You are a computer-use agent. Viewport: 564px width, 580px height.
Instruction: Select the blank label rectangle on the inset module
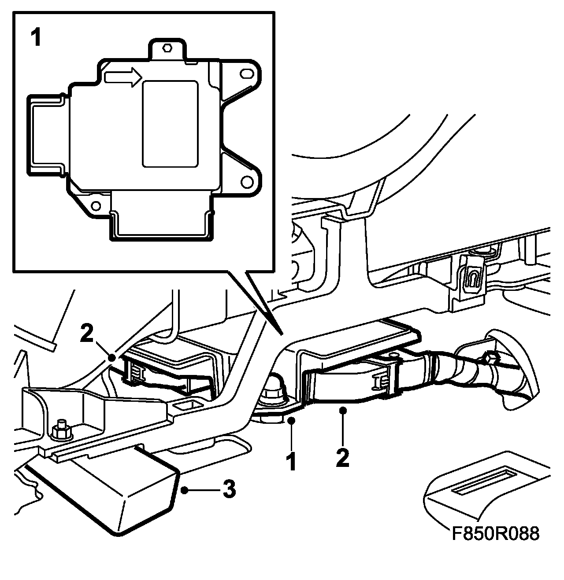pos(170,124)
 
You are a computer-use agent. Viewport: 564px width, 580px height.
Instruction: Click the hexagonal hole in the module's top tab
pos(167,48)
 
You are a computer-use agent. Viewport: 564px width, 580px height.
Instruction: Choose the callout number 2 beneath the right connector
pos(342,458)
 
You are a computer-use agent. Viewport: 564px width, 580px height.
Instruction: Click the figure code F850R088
pos(495,533)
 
